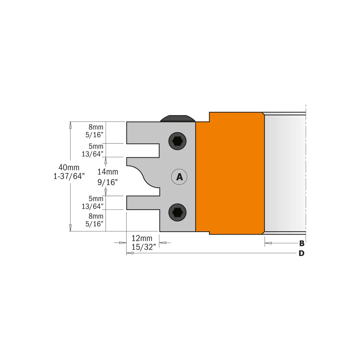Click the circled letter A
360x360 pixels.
point(179,177)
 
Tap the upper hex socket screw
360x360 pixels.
point(177,141)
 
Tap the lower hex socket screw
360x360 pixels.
point(177,212)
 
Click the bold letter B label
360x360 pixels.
point(302,243)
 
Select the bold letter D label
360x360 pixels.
point(301,253)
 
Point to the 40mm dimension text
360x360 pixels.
point(69,167)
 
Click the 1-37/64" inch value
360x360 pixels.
point(69,176)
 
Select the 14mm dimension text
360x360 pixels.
point(108,172)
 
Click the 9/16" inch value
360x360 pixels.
point(108,182)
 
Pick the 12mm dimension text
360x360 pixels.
point(142,238)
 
